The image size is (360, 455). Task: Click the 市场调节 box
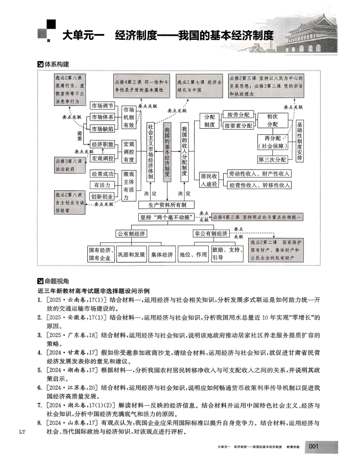(102, 106)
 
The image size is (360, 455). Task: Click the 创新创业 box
(102, 197)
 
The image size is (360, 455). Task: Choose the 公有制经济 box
(131, 233)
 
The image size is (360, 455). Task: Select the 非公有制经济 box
(211, 233)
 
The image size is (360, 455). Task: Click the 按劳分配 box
(238, 114)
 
